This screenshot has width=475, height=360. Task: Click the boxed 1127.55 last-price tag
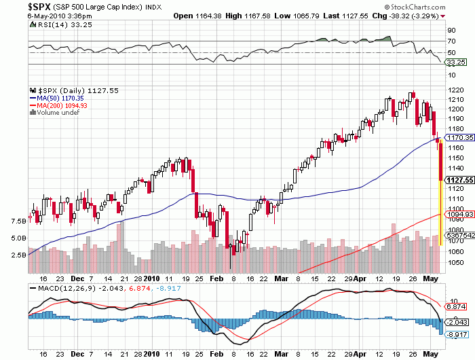(458, 180)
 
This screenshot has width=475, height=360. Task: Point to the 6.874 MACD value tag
(454, 307)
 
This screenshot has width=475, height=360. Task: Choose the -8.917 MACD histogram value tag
(454, 334)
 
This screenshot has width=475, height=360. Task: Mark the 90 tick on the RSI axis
(450, 30)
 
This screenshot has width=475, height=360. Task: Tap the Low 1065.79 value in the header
(301, 15)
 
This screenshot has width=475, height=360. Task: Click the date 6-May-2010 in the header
(24, 15)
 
